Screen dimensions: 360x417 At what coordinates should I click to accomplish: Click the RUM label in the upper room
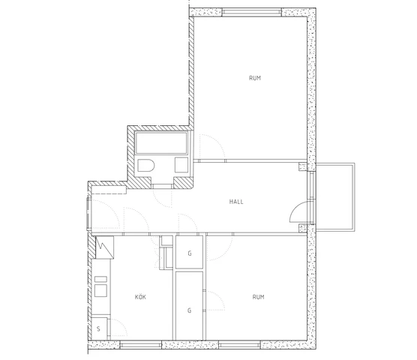click(x=255, y=78)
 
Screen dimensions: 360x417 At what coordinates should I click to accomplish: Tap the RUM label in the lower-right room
click(x=258, y=297)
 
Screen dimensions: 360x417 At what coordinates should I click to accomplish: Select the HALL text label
click(x=237, y=201)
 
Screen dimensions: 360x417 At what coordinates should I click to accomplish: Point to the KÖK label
click(x=140, y=297)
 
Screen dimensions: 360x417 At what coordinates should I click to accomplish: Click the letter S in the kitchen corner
click(x=98, y=329)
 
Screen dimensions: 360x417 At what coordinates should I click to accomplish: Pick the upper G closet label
click(x=190, y=253)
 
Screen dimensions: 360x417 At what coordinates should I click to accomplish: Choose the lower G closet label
click(x=190, y=309)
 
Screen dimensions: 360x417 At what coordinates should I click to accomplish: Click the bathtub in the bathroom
click(x=163, y=142)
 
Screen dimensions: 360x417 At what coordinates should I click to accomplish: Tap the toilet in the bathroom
click(x=146, y=166)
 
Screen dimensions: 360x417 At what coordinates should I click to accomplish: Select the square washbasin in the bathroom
click(x=181, y=166)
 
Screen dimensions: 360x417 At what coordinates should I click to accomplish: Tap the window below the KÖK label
click(x=142, y=345)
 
